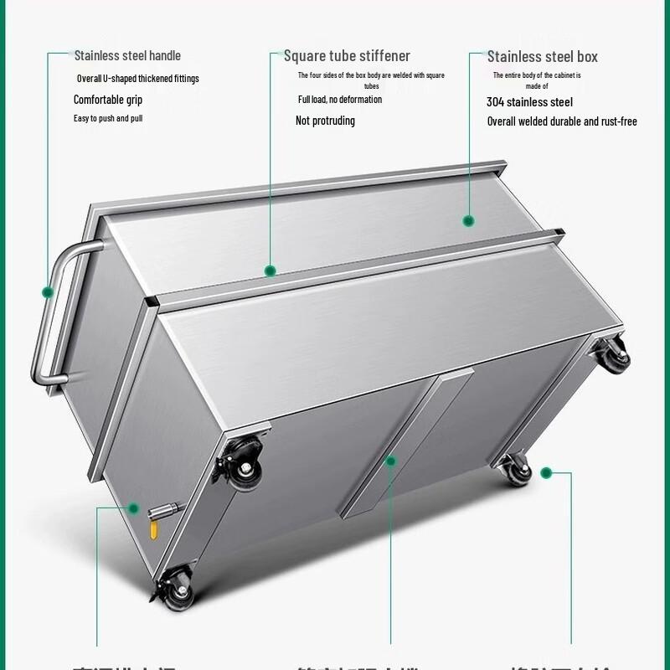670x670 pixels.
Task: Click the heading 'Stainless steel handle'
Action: (x=127, y=56)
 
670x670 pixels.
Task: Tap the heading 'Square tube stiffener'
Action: (x=347, y=56)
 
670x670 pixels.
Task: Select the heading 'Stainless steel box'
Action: (x=543, y=57)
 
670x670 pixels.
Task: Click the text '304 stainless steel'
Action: (x=529, y=102)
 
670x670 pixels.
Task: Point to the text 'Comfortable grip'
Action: (x=108, y=100)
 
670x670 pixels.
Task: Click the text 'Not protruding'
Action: (x=325, y=121)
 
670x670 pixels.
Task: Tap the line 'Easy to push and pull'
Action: (x=108, y=118)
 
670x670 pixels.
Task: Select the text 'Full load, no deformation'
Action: (x=340, y=100)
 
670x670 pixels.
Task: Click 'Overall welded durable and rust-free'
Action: (x=562, y=121)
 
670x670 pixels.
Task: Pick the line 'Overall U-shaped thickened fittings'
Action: (x=138, y=79)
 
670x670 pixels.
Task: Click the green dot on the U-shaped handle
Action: (x=48, y=292)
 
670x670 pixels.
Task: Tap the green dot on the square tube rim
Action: (x=270, y=271)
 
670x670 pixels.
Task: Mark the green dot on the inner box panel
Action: (x=469, y=221)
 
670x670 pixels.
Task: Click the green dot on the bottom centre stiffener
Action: (x=389, y=460)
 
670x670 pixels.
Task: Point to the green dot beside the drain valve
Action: (x=134, y=508)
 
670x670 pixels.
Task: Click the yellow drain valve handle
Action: (x=154, y=531)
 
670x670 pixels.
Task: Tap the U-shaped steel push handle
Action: (x=52, y=318)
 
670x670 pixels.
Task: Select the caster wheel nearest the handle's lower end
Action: (x=240, y=467)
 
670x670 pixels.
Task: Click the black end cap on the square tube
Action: (x=149, y=301)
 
